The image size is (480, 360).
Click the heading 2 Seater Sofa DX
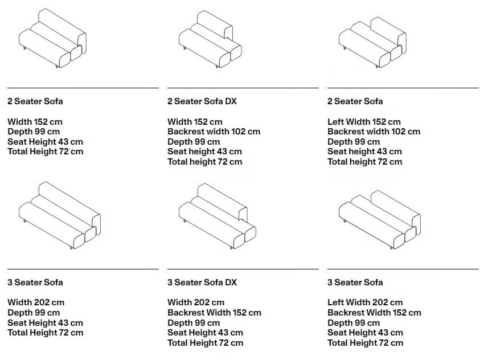(x=202, y=101)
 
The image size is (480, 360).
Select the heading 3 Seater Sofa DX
(x=202, y=282)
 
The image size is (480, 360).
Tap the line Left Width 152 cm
(x=364, y=122)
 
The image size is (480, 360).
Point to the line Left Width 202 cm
(x=365, y=302)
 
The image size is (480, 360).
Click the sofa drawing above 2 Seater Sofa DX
(x=210, y=39)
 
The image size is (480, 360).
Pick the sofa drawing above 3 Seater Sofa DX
(x=218, y=216)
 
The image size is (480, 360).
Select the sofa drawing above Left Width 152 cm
(x=372, y=42)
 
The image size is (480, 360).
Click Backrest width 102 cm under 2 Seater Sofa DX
(x=214, y=132)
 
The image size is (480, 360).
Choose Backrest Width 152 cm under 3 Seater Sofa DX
(x=214, y=313)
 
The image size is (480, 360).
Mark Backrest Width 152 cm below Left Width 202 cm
(x=375, y=313)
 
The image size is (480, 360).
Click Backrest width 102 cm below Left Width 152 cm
(x=374, y=132)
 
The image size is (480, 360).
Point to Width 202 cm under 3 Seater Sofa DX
(x=196, y=302)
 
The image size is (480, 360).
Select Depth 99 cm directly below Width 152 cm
(x=34, y=132)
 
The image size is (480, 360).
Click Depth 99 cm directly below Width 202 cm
(x=34, y=313)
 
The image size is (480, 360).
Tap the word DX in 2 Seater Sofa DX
(x=231, y=101)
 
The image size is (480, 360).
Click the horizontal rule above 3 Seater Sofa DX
(x=243, y=269)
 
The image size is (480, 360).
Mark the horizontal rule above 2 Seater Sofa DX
(x=243, y=88)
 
